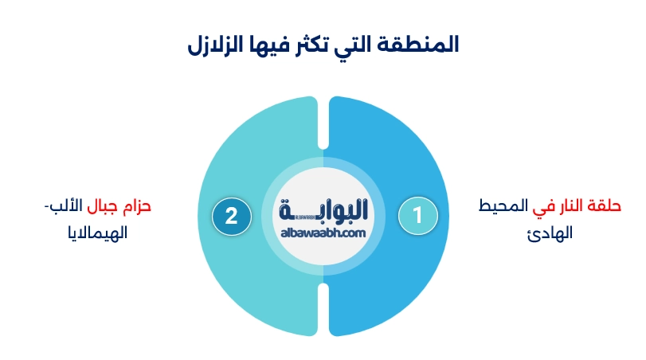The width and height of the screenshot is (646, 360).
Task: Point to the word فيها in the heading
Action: (264, 45)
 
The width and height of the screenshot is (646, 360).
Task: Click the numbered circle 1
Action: (417, 215)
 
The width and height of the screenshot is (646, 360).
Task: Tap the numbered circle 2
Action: (232, 215)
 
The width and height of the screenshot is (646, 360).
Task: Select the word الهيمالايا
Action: (95, 233)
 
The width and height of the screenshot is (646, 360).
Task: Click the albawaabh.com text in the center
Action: (323, 232)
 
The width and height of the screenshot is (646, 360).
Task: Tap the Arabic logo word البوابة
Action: (323, 210)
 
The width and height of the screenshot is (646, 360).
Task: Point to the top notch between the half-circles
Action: (323, 123)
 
